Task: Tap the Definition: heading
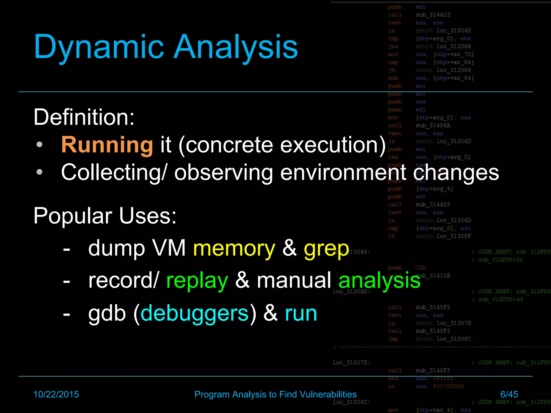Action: pos(84,117)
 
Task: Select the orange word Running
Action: pos(107,145)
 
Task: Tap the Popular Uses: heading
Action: pos(105,216)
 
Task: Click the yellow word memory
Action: pos(234,248)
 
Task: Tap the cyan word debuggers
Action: pos(195,314)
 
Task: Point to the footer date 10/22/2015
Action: pos(56,394)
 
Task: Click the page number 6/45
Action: pos(509,394)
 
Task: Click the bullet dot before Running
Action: pos(40,145)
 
